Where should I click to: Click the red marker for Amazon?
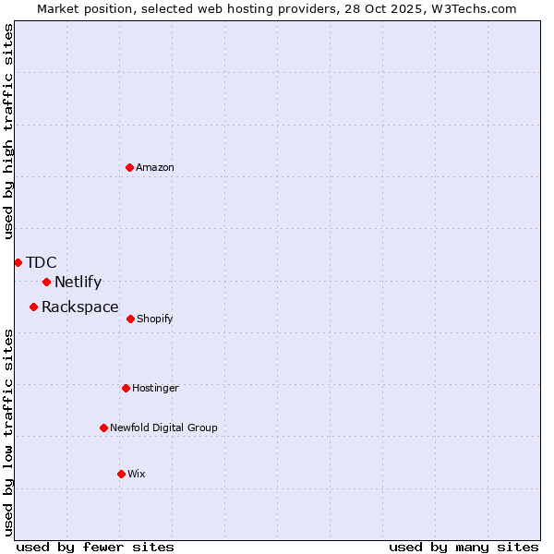(x=130, y=167)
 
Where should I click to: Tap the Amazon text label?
(x=155, y=168)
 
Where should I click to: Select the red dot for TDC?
(x=18, y=262)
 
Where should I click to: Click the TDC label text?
(x=42, y=263)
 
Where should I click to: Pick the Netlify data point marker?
(x=46, y=282)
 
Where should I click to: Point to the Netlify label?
(x=78, y=283)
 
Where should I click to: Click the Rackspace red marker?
(x=33, y=307)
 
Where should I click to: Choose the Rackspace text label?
(x=80, y=307)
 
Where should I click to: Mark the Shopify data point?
(x=130, y=319)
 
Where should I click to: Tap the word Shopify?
(x=155, y=319)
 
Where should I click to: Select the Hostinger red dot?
(x=126, y=388)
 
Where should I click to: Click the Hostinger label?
(x=155, y=389)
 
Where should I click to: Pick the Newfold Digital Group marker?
(x=103, y=428)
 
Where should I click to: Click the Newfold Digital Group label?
(x=164, y=428)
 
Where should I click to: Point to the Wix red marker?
(x=121, y=474)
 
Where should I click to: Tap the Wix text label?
(x=137, y=475)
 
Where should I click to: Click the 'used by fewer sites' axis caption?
(x=95, y=548)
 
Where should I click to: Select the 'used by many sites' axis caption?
(x=464, y=548)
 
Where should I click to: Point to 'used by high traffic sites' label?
(x=9, y=131)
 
